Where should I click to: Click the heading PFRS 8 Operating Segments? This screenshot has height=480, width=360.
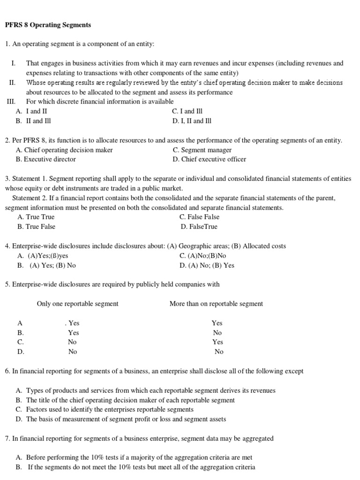[x=48, y=24]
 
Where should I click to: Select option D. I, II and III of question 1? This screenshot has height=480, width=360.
[x=192, y=121]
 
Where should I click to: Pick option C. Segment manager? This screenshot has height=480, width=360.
[x=202, y=150]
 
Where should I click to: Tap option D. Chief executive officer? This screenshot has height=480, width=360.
[x=209, y=159]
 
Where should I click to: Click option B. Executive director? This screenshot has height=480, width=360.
[x=45, y=159]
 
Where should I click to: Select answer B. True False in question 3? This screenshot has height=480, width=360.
[x=36, y=227]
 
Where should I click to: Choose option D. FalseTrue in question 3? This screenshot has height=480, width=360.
[x=199, y=227]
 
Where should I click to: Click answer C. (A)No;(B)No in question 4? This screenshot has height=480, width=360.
[x=202, y=256]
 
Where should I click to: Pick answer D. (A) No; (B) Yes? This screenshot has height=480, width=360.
[x=207, y=265]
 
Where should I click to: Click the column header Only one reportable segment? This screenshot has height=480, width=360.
[x=78, y=304]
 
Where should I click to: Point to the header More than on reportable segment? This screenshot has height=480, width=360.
[x=216, y=304]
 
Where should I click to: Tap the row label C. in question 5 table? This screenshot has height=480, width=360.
[x=21, y=342]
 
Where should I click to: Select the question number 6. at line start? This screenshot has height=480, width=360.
[x=7, y=371]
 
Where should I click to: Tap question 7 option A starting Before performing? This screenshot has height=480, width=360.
[x=134, y=457]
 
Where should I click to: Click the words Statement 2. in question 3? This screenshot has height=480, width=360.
[x=28, y=198]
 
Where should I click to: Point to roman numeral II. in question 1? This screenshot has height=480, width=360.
[x=13, y=82]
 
